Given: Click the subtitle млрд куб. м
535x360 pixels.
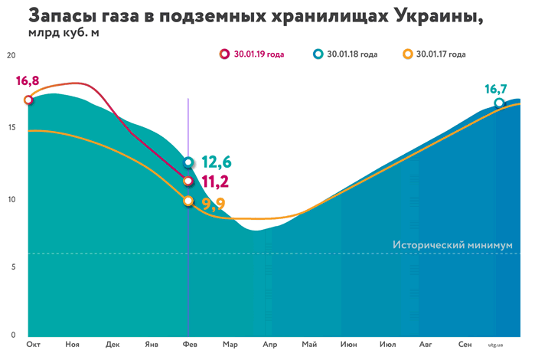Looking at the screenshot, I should pyautogui.click(x=64, y=34).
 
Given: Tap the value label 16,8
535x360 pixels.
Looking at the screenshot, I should pyautogui.click(x=27, y=81).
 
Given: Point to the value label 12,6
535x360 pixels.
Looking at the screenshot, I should pyautogui.click(x=217, y=162).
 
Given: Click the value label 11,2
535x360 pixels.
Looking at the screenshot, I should pyautogui.click(x=217, y=182).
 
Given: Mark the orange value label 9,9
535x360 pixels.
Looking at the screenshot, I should pyautogui.click(x=215, y=204).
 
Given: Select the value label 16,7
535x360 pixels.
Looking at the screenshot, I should pyautogui.click(x=497, y=89).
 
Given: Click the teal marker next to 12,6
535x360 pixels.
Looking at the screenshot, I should pyautogui.click(x=189, y=162).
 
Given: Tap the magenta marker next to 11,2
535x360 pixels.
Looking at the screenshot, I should pyautogui.click(x=189, y=181).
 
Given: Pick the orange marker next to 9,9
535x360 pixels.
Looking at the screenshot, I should pyautogui.click(x=189, y=201).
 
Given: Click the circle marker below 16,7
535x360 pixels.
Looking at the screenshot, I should pyautogui.click(x=499, y=103).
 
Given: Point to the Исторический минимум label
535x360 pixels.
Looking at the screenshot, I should pyautogui.click(x=451, y=245).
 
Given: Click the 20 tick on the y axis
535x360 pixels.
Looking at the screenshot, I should pyautogui.click(x=10, y=56).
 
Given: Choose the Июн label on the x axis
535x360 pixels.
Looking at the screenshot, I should pyautogui.click(x=349, y=345).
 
